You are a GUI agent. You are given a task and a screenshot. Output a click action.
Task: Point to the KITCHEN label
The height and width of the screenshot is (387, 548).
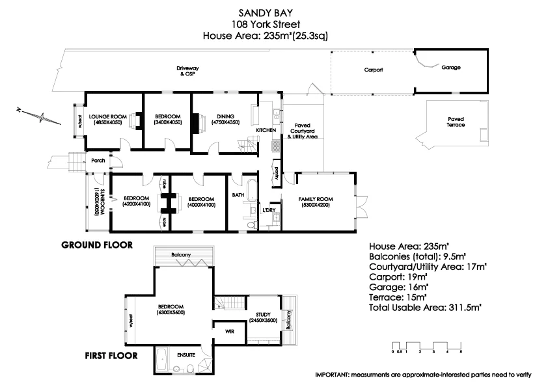tap(266, 131)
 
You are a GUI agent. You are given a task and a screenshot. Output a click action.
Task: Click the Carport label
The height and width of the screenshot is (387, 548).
tap(373, 69)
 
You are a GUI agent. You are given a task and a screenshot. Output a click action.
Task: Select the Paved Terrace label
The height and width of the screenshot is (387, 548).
tap(456, 122)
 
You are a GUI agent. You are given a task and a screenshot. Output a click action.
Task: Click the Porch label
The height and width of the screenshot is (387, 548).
tap(98, 160)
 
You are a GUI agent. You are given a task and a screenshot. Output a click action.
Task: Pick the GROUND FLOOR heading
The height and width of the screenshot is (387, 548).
tap(97, 245)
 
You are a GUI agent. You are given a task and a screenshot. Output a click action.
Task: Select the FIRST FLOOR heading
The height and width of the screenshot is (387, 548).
tap(111, 356)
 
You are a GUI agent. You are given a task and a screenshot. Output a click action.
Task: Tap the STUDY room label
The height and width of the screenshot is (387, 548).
tap(263, 315)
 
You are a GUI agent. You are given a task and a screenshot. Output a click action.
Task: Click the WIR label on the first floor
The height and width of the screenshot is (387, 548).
tap(229, 331)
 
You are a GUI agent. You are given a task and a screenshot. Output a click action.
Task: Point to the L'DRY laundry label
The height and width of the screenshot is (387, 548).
tap(268, 210)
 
